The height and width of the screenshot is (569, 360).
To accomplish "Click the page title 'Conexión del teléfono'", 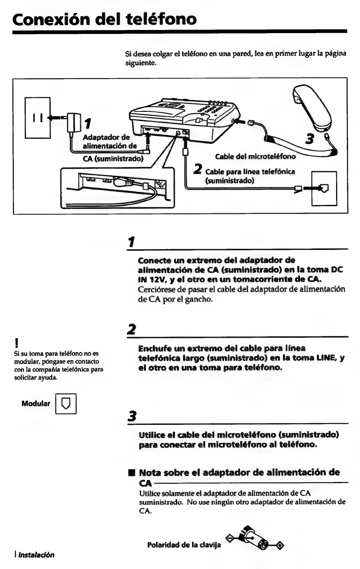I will pos(104,19).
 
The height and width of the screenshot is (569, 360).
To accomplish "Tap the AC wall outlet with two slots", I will pos(38,118).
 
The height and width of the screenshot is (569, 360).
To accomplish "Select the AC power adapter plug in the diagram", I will pos(73,119).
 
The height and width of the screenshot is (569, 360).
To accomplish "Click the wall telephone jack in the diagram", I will pos(324,188).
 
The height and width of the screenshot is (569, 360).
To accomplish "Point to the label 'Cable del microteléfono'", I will pos(255,156).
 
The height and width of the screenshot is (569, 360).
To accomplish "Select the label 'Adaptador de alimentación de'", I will pos(110,141).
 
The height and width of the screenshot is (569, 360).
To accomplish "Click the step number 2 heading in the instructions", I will pos(130,329).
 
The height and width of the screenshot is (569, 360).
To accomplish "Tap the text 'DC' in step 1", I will pos(337,270).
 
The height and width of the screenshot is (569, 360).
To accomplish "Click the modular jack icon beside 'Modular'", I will pos(65,403).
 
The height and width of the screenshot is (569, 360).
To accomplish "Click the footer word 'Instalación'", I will pos(36,555).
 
